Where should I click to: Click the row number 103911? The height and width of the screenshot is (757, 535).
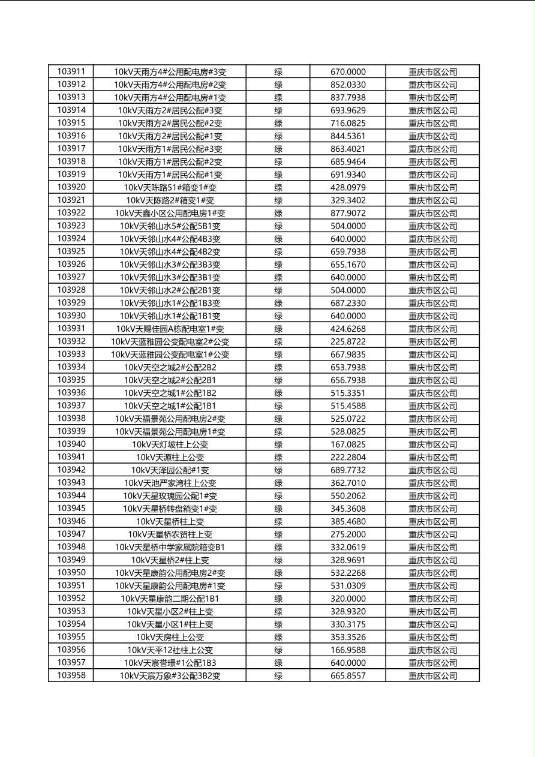(x=71, y=71)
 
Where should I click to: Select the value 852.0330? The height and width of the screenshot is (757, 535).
(x=348, y=85)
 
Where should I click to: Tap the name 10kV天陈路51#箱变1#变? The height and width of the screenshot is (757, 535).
(x=170, y=187)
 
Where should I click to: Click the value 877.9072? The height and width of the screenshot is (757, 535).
(x=348, y=213)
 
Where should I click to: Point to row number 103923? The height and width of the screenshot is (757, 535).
(x=71, y=226)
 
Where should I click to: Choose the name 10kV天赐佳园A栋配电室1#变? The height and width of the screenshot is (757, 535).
(x=170, y=329)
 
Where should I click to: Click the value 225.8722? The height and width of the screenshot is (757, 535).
(x=348, y=341)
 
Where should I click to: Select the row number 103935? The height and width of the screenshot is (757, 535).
(x=71, y=380)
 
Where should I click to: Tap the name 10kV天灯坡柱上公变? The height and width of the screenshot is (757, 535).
(x=170, y=444)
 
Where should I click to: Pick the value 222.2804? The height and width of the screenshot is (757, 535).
(x=348, y=457)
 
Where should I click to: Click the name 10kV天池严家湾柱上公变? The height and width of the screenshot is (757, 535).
(x=170, y=483)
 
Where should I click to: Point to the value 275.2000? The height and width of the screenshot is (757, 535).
(x=348, y=534)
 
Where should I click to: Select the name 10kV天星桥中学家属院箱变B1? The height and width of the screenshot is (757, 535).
(x=170, y=547)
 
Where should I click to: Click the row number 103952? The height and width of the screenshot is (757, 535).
(x=71, y=598)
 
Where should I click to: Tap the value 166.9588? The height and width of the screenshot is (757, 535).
(x=348, y=650)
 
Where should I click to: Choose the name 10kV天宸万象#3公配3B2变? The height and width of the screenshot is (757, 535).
(x=170, y=675)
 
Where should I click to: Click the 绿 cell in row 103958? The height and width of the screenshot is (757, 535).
(x=278, y=675)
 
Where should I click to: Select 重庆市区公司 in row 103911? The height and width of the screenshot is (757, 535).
(x=432, y=71)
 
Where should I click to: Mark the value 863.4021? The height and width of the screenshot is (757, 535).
(x=348, y=149)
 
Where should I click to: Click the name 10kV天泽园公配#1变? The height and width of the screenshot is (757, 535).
(x=170, y=470)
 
